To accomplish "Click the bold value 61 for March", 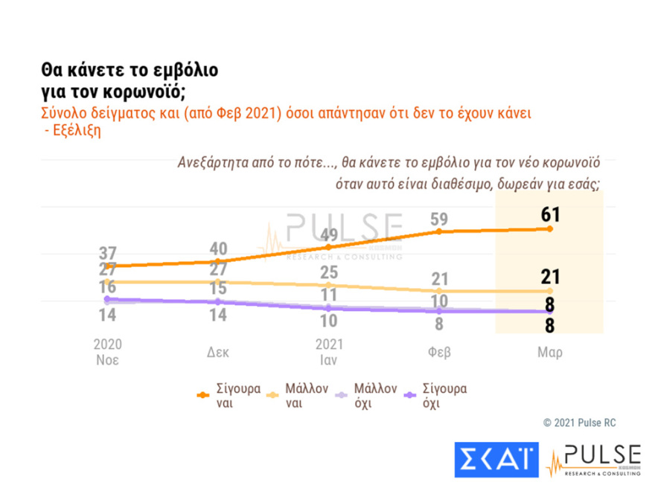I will pyautogui.click(x=550, y=216).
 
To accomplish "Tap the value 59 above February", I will pyautogui.click(x=439, y=219).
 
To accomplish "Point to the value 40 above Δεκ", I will pyautogui.click(x=217, y=249).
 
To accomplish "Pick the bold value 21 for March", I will pyautogui.click(x=550, y=277).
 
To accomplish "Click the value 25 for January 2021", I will pyautogui.click(x=328, y=273).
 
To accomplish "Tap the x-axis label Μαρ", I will pyautogui.click(x=550, y=352).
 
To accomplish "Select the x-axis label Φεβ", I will pyautogui.click(x=439, y=352).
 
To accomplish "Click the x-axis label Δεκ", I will pyautogui.click(x=217, y=352).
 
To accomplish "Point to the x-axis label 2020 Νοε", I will pyautogui.click(x=107, y=352).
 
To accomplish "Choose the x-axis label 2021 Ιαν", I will pyautogui.click(x=328, y=352).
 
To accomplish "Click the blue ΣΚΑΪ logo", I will pyautogui.click(x=496, y=460).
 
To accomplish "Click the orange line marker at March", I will pyautogui.click(x=550, y=229).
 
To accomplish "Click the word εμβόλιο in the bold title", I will pyautogui.click(x=182, y=71).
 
